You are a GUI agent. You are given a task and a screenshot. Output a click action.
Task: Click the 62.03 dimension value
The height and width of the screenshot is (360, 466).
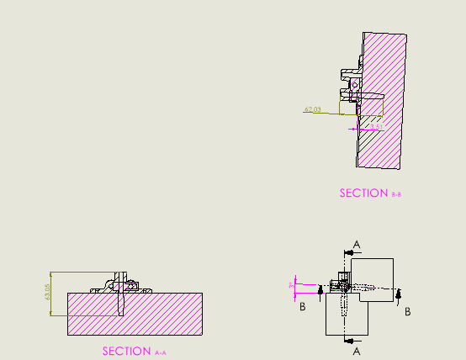tap(313, 109)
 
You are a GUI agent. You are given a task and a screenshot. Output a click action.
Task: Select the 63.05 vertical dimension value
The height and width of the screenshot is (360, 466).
tap(47, 293)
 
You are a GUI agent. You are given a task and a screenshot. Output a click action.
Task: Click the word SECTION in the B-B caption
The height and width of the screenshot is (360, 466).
tap(364, 193)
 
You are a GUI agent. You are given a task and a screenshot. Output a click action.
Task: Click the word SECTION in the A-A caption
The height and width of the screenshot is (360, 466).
tap(127, 351)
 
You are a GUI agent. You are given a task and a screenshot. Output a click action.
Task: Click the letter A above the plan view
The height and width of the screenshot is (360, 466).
tap(357, 244)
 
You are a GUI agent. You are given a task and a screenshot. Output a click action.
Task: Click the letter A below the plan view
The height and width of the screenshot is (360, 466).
tap(357, 350)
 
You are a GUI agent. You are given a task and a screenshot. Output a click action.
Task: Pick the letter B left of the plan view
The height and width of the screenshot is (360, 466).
tap(302, 307)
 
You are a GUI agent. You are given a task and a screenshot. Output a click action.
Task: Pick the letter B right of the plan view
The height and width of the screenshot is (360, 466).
tap(408, 311)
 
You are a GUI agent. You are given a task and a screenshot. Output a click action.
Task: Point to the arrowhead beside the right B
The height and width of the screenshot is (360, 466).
tap(399, 293)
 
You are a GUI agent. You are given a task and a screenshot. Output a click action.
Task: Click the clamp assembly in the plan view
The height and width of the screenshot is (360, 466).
tap(343, 283)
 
